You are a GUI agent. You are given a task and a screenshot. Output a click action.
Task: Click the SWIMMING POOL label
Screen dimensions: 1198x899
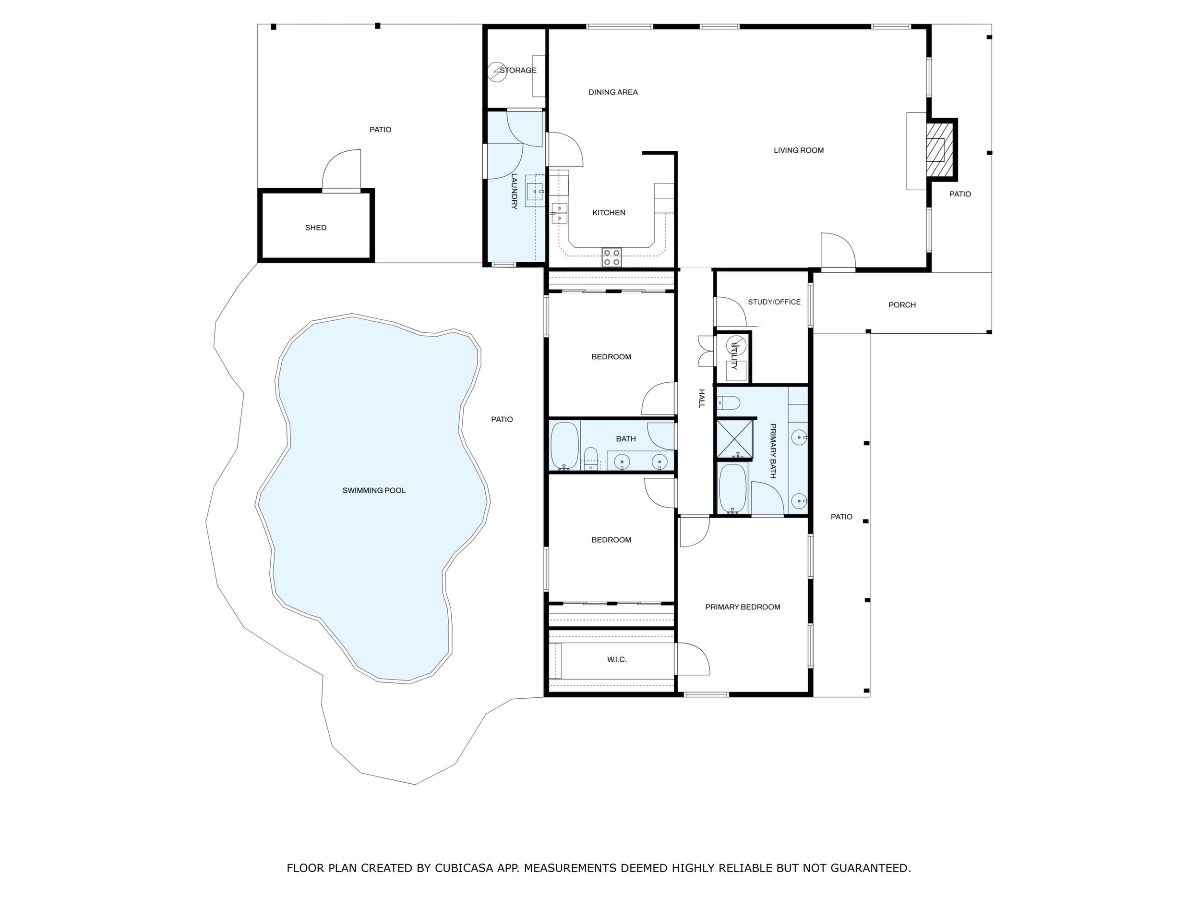(x=374, y=491)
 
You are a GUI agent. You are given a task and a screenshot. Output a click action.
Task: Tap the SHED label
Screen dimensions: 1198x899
(x=316, y=228)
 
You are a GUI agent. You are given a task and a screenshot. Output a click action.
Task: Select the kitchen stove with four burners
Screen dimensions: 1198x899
(x=612, y=257)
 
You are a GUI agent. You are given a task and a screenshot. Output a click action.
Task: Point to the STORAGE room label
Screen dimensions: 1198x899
(x=518, y=71)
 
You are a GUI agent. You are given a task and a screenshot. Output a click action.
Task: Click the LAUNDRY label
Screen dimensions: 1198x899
(x=515, y=191)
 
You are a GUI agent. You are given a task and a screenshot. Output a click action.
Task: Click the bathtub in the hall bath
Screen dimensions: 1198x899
(x=564, y=446)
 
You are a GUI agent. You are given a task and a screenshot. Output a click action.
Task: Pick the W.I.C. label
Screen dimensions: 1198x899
(x=617, y=659)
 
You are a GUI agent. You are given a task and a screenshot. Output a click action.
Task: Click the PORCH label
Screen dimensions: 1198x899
(x=902, y=305)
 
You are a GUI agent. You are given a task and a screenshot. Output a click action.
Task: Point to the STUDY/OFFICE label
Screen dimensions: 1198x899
(x=774, y=302)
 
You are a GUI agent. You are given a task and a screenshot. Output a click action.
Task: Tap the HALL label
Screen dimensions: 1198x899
(x=701, y=398)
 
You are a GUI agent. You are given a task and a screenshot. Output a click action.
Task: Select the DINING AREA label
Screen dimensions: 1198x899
(x=613, y=92)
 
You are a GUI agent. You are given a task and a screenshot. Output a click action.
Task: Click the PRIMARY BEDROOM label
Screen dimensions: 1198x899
(x=743, y=607)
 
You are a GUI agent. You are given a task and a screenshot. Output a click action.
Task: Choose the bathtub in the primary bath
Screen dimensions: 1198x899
(x=732, y=489)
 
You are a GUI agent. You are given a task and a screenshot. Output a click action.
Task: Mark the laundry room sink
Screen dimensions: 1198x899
(x=536, y=192)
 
